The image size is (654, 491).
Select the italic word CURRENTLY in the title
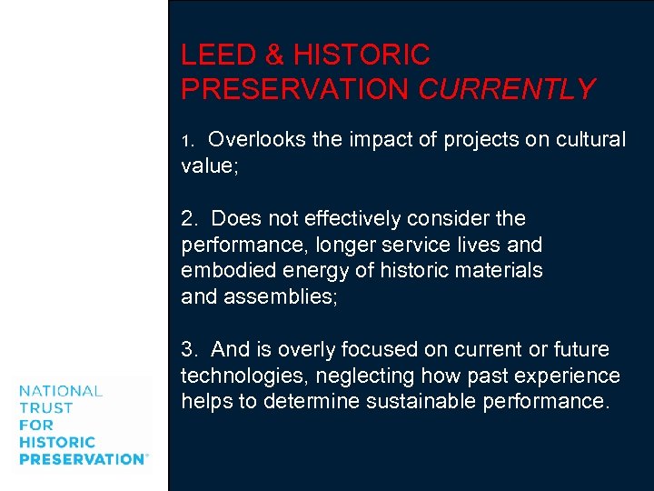pos(506,89)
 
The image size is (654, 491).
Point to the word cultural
pos(587,140)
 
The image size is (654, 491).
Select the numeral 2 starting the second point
pos(187,219)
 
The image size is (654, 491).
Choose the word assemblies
pos(281,296)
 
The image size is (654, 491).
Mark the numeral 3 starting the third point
pos(187,350)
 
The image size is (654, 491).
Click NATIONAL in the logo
pos(61,391)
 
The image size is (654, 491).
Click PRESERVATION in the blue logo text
pos(81,459)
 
